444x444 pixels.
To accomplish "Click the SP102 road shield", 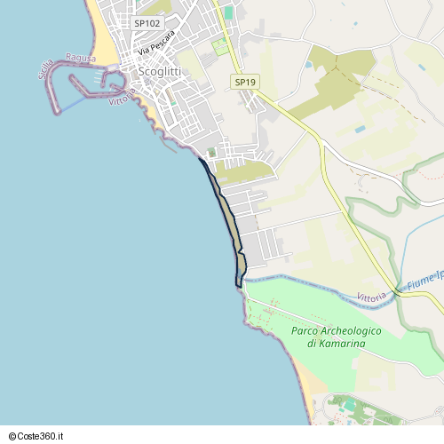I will [147, 23].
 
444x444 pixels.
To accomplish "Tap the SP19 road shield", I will [245, 83].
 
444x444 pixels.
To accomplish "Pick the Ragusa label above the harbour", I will [80, 58].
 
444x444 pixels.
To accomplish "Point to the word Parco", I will [306, 330].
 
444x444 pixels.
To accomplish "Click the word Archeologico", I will [353, 330].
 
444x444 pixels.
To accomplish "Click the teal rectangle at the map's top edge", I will [228, 12].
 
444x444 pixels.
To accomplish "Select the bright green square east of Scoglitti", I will [220, 46].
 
